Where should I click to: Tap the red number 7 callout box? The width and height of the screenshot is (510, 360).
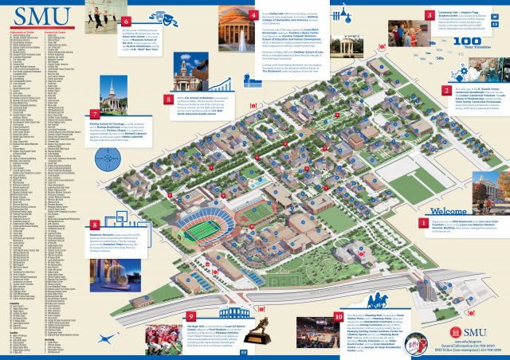[96, 113]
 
